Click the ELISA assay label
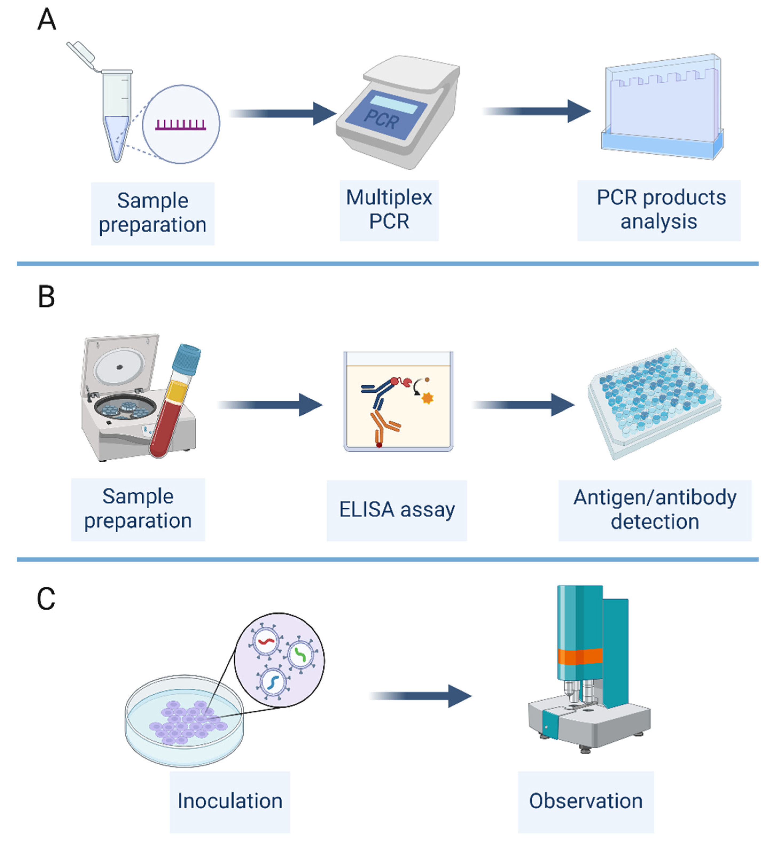click(396, 510)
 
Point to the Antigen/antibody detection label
click(655, 510)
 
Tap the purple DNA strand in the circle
click(181, 125)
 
